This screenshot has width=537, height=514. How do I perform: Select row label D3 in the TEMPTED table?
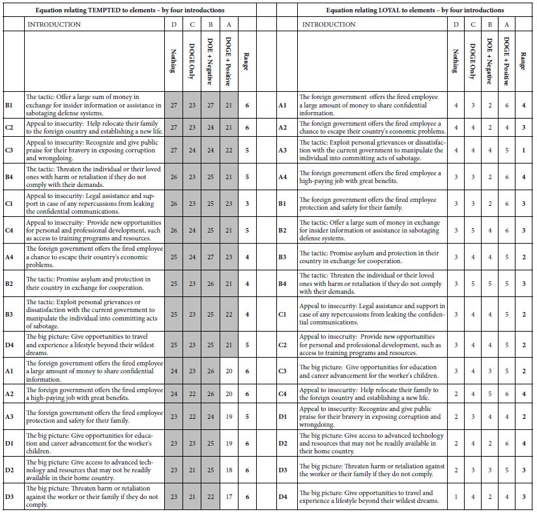(10, 496)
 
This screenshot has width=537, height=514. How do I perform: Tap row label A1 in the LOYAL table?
(283, 104)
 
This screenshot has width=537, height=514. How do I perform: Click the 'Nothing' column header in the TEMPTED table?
(173, 61)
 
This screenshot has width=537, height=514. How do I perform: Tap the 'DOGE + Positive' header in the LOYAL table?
(506, 61)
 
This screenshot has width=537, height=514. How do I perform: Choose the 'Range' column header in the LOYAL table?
(523, 61)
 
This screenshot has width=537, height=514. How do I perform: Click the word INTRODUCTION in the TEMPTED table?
(54, 24)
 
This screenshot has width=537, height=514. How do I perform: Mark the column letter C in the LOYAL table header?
(473, 24)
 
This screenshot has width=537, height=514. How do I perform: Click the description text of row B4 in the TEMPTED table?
(93, 177)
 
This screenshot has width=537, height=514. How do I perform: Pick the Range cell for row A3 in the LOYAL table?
(523, 150)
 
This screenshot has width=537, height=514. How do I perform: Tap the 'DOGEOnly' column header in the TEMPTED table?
(191, 61)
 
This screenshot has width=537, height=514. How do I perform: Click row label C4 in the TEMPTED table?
(10, 229)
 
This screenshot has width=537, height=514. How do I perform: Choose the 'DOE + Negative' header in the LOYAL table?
(489, 61)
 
